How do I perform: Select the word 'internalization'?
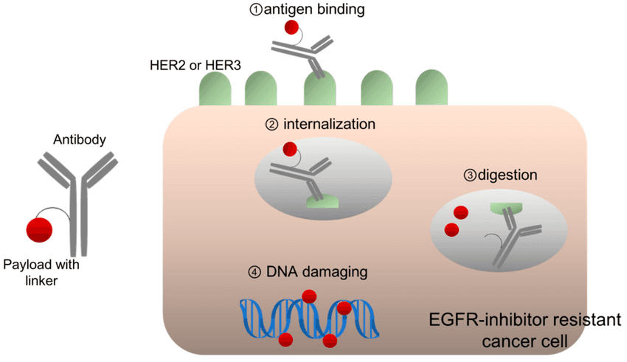click(x=330, y=125)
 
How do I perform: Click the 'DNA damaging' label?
click(x=316, y=272)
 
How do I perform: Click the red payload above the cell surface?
click(x=291, y=28)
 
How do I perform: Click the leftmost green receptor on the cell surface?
click(x=215, y=89)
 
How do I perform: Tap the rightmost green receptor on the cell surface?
click(x=432, y=89)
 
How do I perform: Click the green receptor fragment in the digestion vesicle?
click(x=505, y=210)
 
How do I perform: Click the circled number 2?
click(x=271, y=125)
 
